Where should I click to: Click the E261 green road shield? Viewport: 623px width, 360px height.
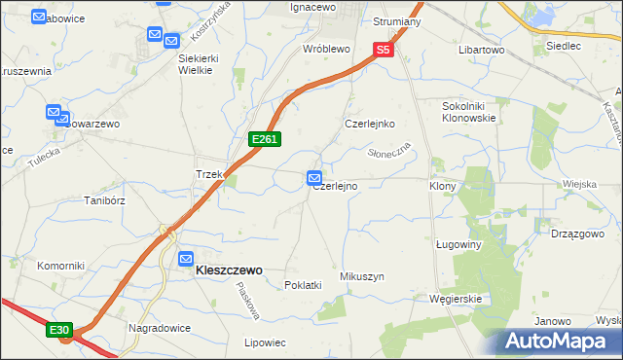click(x=265, y=140)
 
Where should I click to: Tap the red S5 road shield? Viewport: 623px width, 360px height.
click(x=384, y=50)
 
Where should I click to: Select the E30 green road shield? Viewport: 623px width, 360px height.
click(x=59, y=331)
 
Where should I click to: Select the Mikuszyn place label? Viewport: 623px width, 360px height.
click(x=362, y=276)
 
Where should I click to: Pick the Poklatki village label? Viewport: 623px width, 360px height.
click(x=303, y=285)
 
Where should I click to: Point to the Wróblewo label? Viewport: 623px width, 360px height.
click(x=326, y=48)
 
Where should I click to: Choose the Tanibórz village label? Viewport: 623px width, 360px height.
click(x=104, y=200)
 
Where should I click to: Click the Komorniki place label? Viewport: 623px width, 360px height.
click(x=60, y=266)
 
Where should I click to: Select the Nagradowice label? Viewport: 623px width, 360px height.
click(x=158, y=328)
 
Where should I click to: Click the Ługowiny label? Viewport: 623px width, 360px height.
click(x=459, y=245)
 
